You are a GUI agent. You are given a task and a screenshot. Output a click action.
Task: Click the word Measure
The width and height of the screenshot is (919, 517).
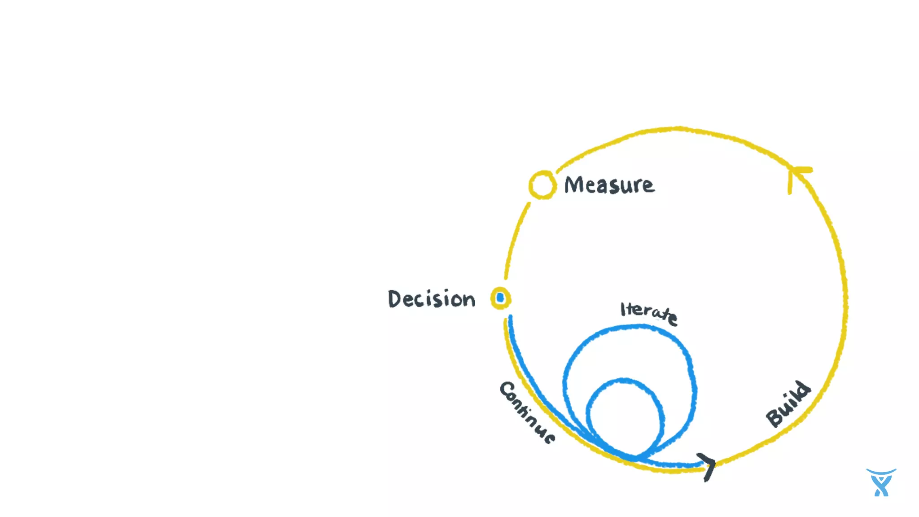(609, 185)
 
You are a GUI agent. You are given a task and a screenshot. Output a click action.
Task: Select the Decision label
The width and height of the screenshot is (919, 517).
(431, 299)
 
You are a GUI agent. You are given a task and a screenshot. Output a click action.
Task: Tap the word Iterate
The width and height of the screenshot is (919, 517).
(649, 312)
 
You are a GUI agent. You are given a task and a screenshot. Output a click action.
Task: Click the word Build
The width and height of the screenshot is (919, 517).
(788, 404)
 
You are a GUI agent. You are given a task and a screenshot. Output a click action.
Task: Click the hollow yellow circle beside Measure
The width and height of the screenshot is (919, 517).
(542, 185)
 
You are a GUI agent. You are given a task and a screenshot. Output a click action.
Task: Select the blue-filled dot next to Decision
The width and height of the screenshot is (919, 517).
(500, 298)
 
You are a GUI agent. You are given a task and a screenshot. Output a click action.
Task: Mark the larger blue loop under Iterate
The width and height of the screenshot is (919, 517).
(691, 381)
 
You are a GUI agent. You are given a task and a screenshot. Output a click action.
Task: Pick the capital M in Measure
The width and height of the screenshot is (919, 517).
(573, 184)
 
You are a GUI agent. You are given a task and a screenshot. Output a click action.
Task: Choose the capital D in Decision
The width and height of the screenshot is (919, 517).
(395, 299)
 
